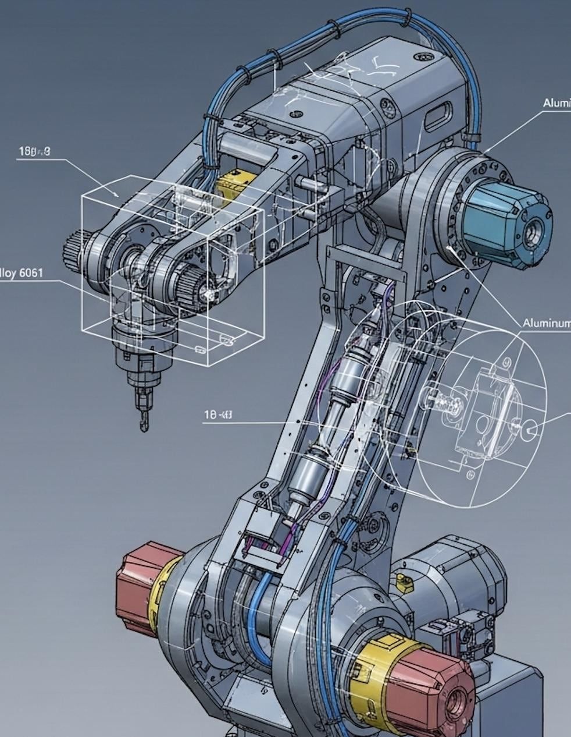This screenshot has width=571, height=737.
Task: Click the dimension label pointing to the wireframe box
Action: tap(34, 151)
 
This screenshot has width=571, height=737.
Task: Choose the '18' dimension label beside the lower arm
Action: tap(218, 415)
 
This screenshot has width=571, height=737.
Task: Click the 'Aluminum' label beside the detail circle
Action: tap(546, 323)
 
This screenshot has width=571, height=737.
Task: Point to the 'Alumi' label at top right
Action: tap(556, 103)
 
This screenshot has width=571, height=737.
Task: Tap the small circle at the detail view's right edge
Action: tap(530, 430)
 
